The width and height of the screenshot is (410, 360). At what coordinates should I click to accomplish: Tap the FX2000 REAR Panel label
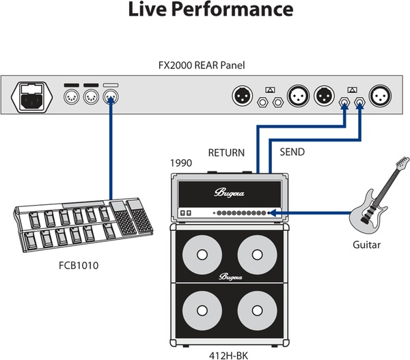tap(204, 65)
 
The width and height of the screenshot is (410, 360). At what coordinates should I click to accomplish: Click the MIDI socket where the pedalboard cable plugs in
tap(110, 98)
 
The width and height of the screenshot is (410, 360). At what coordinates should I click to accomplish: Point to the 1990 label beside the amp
tap(180, 164)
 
